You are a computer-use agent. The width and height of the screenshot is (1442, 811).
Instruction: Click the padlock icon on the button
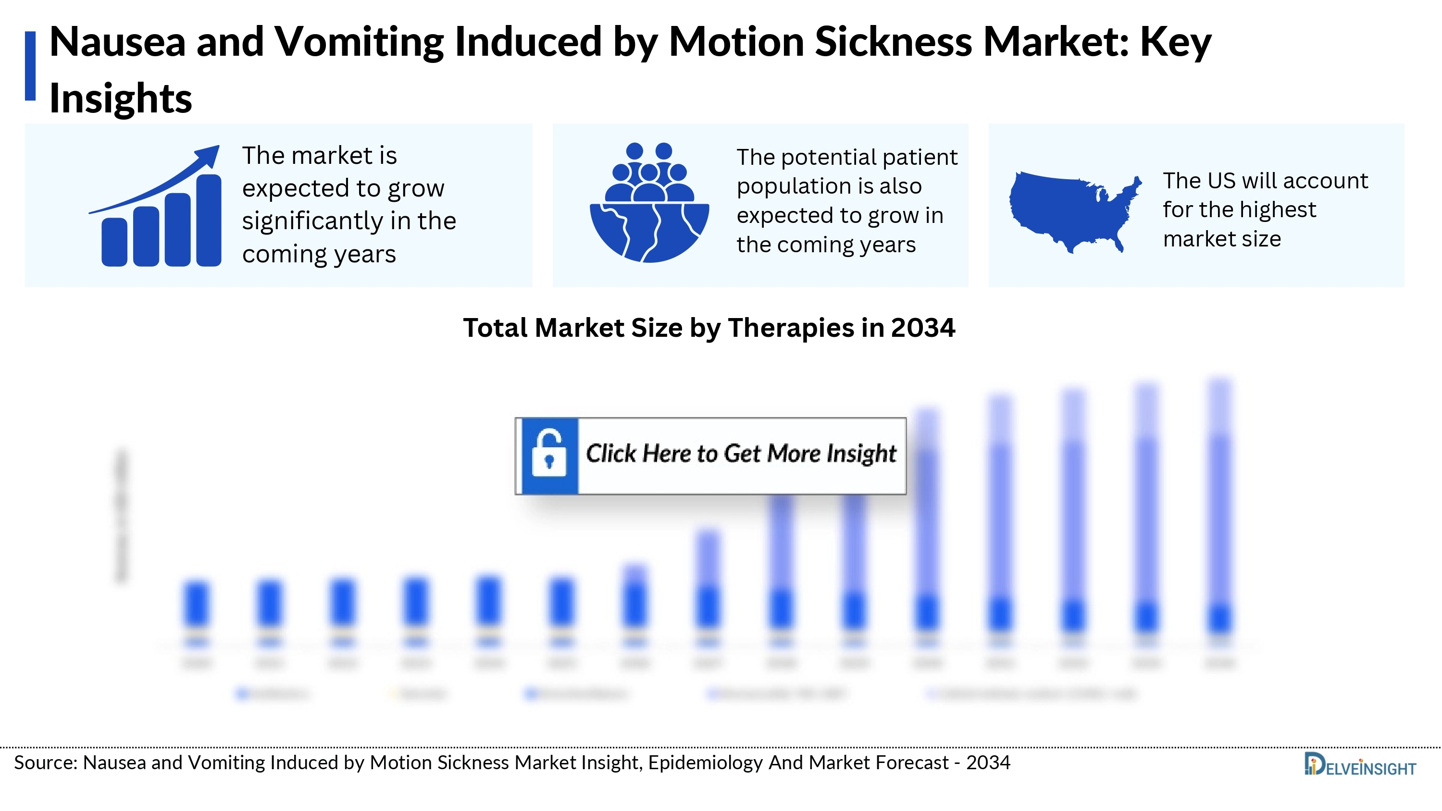tap(548, 455)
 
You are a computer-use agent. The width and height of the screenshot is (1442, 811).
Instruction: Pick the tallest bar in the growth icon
tap(209, 221)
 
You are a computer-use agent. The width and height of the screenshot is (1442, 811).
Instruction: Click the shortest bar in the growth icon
tap(114, 242)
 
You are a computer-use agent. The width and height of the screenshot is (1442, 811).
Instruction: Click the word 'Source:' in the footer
tap(45, 763)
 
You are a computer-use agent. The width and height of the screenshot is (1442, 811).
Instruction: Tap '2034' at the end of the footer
tap(988, 763)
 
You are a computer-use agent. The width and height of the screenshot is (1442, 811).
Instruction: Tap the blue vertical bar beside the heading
tap(30, 66)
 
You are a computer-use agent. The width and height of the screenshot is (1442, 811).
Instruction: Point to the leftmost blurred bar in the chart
tap(197, 604)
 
